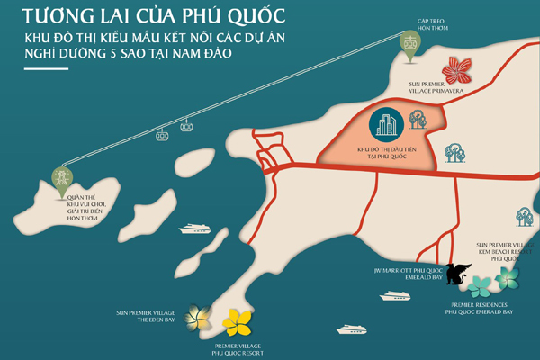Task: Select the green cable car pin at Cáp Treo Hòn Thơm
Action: click(409, 46)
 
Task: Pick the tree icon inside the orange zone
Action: click(417, 118)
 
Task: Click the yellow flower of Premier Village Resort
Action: click(238, 321)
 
